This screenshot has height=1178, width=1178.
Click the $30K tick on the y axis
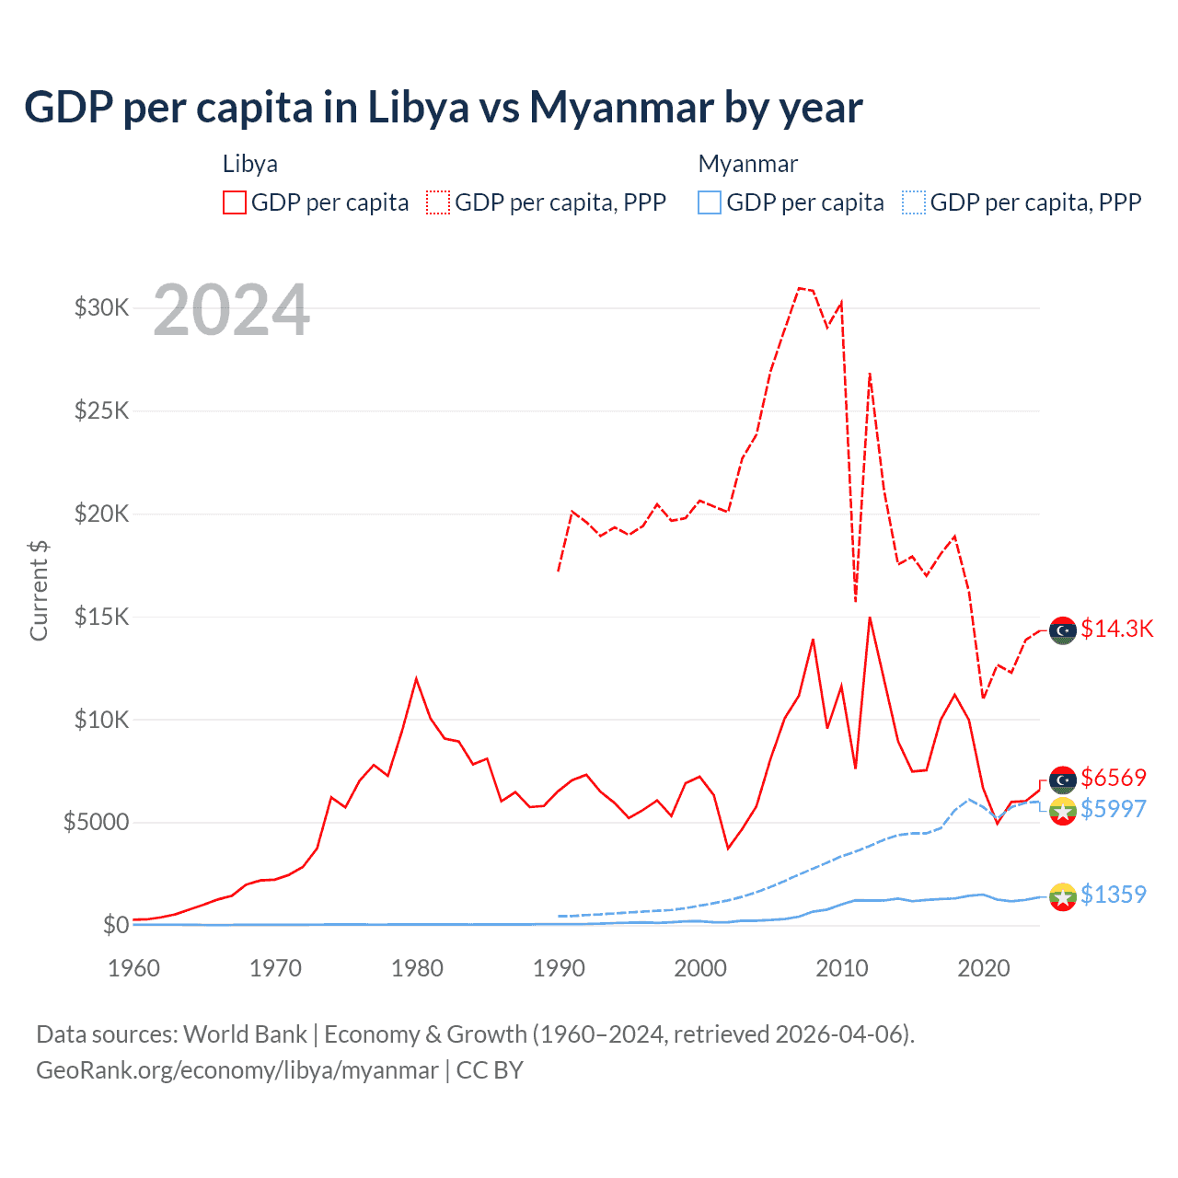[101, 307]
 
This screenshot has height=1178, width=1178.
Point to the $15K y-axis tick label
[101, 617]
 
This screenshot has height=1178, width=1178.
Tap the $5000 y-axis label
[97, 822]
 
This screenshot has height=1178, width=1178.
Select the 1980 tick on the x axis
[417, 968]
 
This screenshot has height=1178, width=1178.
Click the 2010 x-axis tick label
[842, 968]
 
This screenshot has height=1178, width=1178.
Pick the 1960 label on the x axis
[134, 968]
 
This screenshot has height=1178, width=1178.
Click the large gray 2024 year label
[231, 310]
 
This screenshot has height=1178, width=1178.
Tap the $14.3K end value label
[1116, 629]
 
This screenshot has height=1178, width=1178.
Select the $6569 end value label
[1114, 778]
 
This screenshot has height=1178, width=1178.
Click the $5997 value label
[1114, 809]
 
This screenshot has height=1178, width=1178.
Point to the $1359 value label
[1114, 895]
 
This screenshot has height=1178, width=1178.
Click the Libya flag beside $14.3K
[1063, 630]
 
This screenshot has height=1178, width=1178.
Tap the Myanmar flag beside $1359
[1063, 896]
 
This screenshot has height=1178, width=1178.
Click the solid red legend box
[235, 202]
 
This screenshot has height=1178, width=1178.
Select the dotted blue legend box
[914, 202]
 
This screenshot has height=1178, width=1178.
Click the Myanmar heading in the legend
[747, 164]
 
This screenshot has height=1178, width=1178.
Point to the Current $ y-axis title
[39, 591]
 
